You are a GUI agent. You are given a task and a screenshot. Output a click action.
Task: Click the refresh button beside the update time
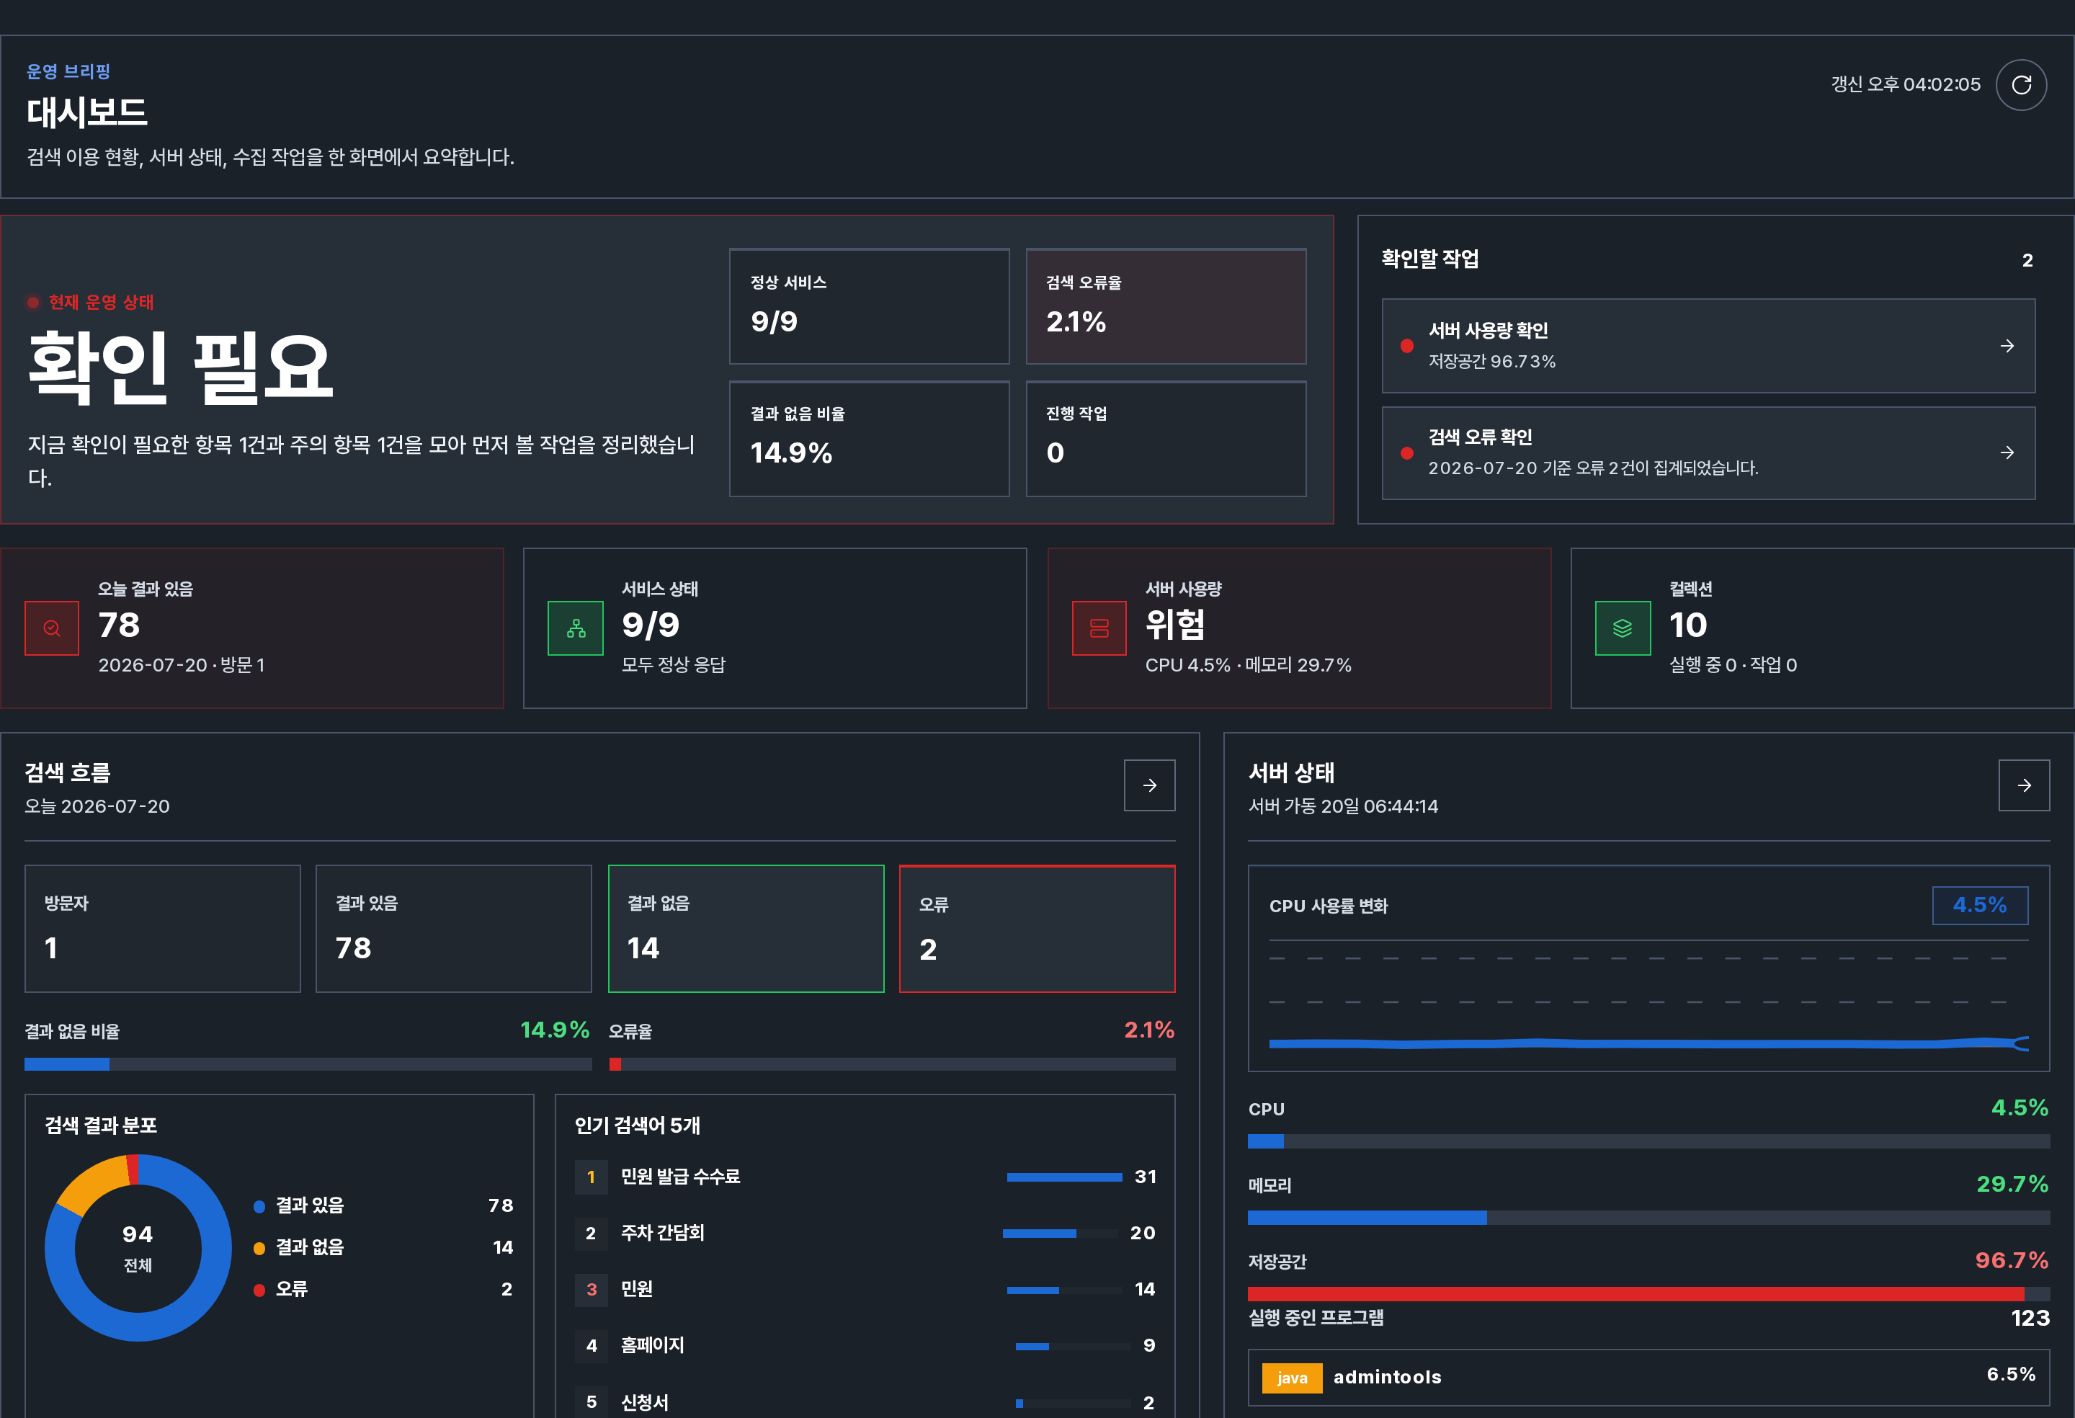click(x=2022, y=85)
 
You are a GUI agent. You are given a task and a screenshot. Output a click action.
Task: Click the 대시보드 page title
click(x=86, y=112)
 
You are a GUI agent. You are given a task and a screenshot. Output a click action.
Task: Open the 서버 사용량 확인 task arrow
click(x=2007, y=346)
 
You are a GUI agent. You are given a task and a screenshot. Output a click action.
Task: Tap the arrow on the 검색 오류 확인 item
click(x=2007, y=452)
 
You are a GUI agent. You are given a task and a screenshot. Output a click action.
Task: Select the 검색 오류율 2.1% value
click(x=1076, y=321)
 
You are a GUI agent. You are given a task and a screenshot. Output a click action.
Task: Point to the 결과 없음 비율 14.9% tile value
click(x=791, y=452)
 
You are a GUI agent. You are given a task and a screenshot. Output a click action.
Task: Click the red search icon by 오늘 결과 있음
click(x=52, y=628)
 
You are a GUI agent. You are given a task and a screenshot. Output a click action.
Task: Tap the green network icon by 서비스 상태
click(x=576, y=628)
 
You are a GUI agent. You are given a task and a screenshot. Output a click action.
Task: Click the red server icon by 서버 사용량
click(x=1099, y=628)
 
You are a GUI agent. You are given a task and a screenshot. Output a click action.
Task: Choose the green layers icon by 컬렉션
click(x=1623, y=628)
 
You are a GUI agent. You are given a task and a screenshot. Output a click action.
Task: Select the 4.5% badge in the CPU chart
click(x=1979, y=906)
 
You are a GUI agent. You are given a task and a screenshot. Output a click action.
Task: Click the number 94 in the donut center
click(x=138, y=1234)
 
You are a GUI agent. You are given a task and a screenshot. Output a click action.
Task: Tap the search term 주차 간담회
click(x=663, y=1233)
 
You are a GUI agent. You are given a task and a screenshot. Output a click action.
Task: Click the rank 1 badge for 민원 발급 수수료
click(x=591, y=1177)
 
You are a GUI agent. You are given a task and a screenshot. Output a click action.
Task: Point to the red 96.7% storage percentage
click(x=2012, y=1260)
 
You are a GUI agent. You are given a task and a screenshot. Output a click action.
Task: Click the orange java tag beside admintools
click(x=1292, y=1378)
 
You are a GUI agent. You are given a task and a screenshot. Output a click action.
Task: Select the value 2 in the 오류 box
click(x=929, y=949)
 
